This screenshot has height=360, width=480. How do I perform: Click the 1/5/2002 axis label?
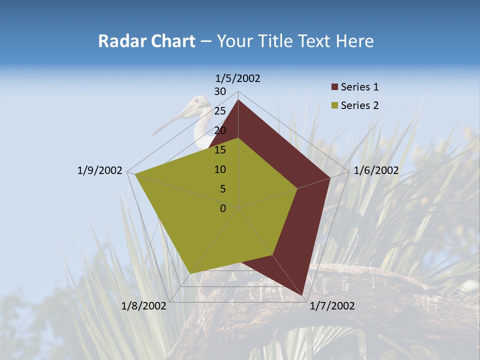pyautogui.click(x=238, y=78)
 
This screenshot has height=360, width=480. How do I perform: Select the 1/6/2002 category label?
pyautogui.click(x=376, y=170)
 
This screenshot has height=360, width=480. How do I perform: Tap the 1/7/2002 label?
pyautogui.click(x=332, y=306)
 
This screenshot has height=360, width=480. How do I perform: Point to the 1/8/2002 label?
pyautogui.click(x=144, y=306)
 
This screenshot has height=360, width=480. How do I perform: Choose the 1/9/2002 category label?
pyautogui.click(x=99, y=170)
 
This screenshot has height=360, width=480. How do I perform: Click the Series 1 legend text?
pyautogui.click(x=359, y=87)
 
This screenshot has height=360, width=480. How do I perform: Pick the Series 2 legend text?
pyautogui.click(x=359, y=105)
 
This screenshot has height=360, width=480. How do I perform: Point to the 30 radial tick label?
pyautogui.click(x=220, y=91)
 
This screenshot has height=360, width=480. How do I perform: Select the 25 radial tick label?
pyautogui.click(x=220, y=111)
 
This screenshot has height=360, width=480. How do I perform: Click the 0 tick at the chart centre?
pyautogui.click(x=223, y=208)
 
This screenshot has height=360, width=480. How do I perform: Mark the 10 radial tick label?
pyautogui.click(x=220, y=169)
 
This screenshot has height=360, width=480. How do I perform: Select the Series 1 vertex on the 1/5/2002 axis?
pyautogui.click(x=238, y=99)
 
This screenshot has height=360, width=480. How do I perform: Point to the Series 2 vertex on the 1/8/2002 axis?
pyautogui.click(x=190, y=273)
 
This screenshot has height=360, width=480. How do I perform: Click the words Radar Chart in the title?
pyautogui.click(x=146, y=41)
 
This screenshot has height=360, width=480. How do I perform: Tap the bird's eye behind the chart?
pyautogui.click(x=197, y=101)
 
